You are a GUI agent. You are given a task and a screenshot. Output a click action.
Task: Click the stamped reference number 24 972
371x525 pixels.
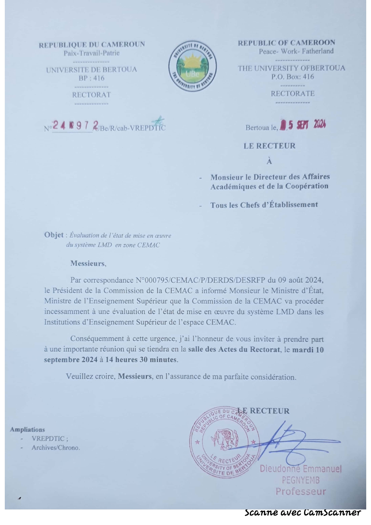click(x=76, y=126)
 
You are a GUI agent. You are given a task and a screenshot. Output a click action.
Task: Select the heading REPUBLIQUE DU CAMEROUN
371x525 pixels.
click(x=92, y=45)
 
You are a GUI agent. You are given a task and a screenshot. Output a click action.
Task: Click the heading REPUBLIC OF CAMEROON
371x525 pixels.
click(x=286, y=43)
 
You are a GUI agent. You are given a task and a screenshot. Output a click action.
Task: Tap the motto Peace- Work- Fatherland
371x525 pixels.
click(x=296, y=51)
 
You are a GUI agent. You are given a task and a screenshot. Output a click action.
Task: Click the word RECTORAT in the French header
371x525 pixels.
click(x=91, y=95)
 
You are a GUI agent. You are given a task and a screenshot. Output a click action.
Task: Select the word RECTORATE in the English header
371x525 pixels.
click(x=293, y=94)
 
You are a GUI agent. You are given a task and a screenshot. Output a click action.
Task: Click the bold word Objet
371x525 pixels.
click(x=54, y=235)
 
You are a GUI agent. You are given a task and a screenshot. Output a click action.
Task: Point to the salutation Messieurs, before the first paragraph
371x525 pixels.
click(x=88, y=264)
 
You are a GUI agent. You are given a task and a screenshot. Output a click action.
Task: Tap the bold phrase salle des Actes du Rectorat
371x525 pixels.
click(x=234, y=349)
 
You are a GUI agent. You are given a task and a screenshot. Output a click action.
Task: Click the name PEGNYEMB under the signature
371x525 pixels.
click(x=301, y=480)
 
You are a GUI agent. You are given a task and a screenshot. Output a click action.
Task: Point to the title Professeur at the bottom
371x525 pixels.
click(x=300, y=491)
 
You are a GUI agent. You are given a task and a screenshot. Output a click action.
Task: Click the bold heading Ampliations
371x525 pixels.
click(x=27, y=430)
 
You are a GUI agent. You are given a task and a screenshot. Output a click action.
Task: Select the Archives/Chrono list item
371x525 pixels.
click(x=56, y=448)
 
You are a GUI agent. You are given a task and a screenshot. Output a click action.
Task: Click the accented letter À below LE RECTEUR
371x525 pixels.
click(x=269, y=162)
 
